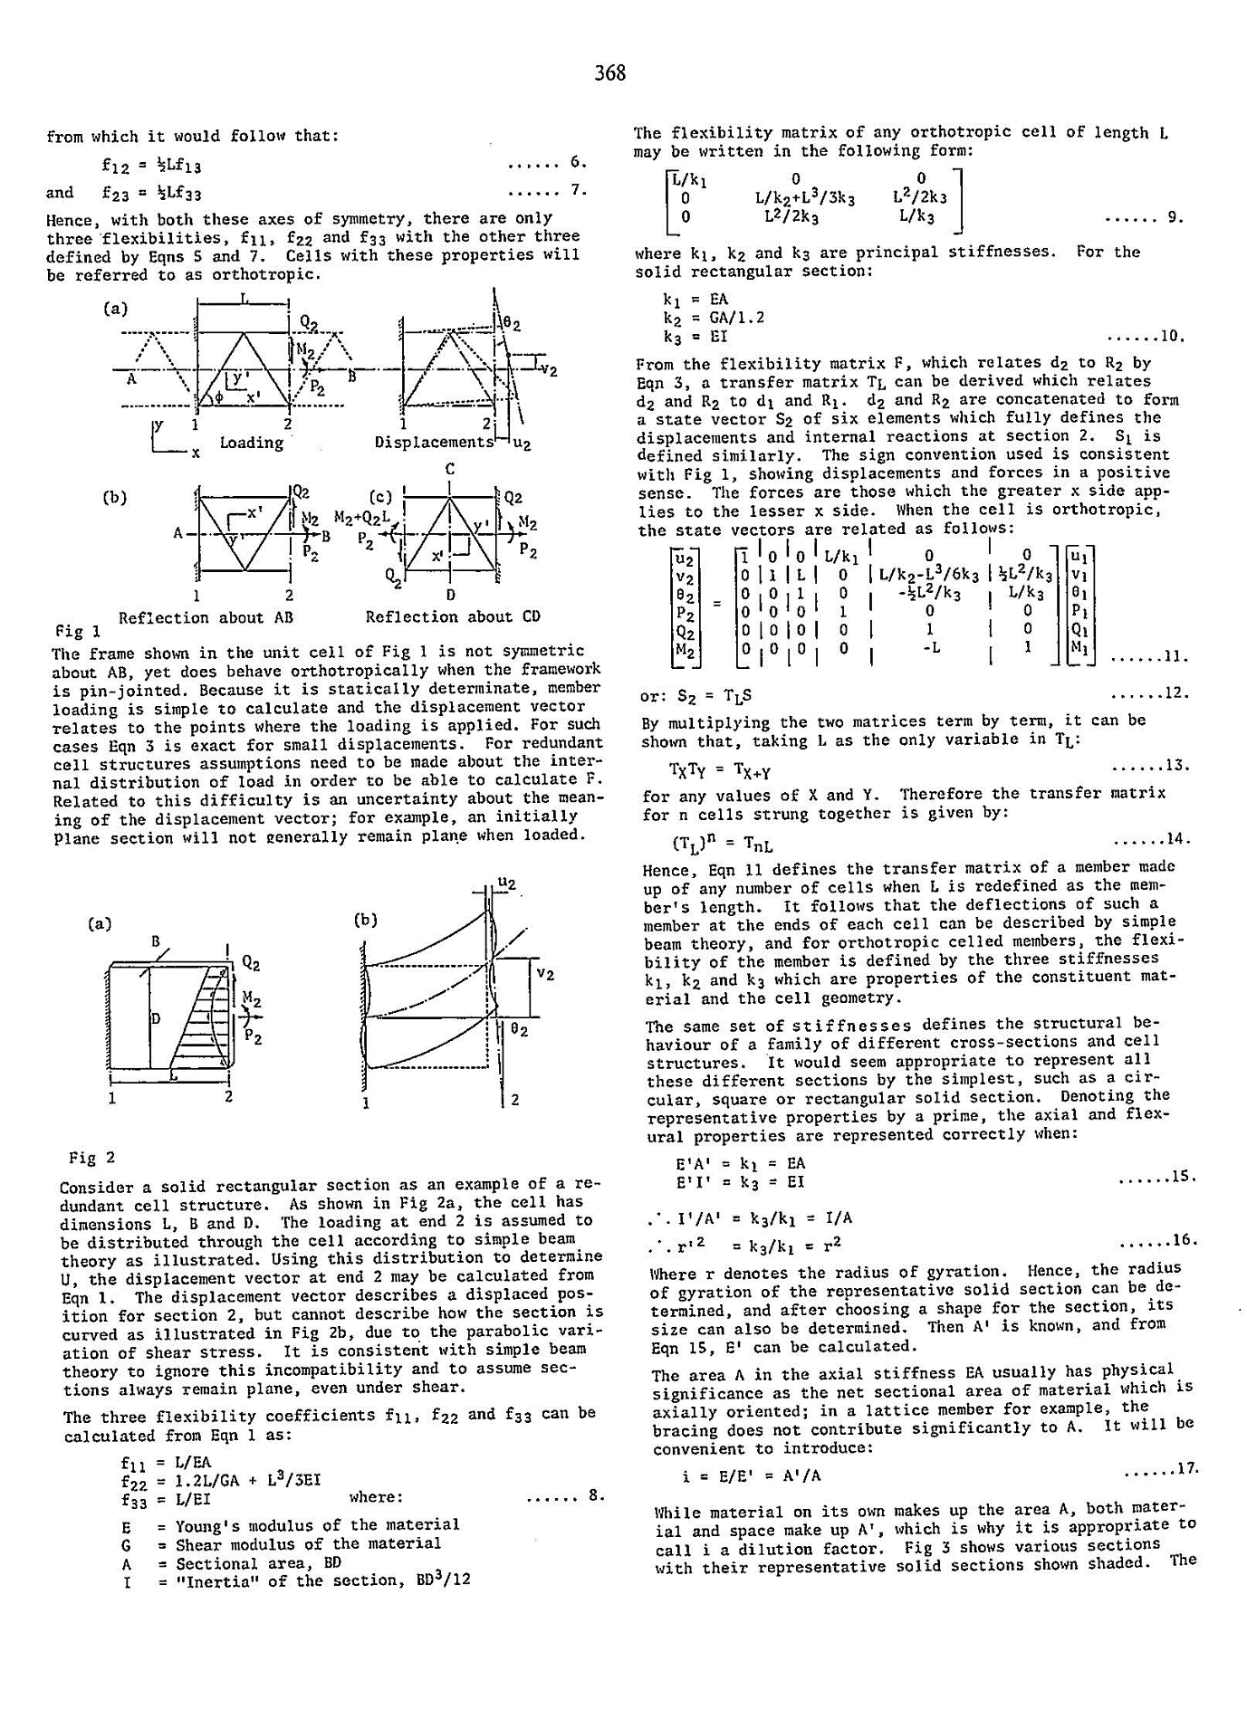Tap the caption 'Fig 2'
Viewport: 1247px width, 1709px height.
92,1158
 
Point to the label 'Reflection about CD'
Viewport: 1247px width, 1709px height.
453,616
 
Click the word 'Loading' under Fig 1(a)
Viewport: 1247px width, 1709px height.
252,443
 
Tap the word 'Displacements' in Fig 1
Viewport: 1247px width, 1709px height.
435,443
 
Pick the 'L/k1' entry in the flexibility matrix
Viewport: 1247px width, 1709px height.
687,181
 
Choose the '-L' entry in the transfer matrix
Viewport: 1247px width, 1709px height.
929,648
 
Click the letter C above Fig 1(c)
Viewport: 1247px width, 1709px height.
450,469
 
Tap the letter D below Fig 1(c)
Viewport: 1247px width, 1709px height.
450,596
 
